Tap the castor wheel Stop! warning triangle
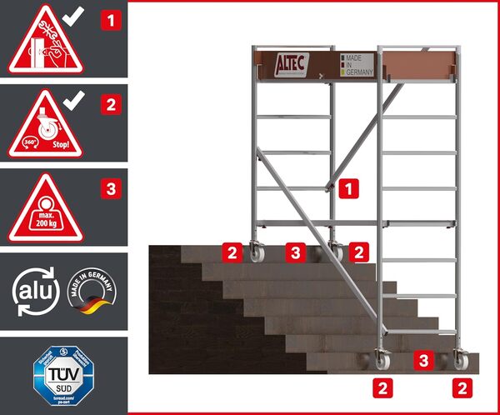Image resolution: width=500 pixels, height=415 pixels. [47, 124]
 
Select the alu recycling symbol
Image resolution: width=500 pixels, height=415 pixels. [33, 291]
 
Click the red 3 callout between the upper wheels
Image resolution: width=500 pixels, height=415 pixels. [294, 250]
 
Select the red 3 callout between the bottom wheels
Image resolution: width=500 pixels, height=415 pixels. [424, 361]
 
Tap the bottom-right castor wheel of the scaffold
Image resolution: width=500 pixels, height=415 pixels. [459, 362]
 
